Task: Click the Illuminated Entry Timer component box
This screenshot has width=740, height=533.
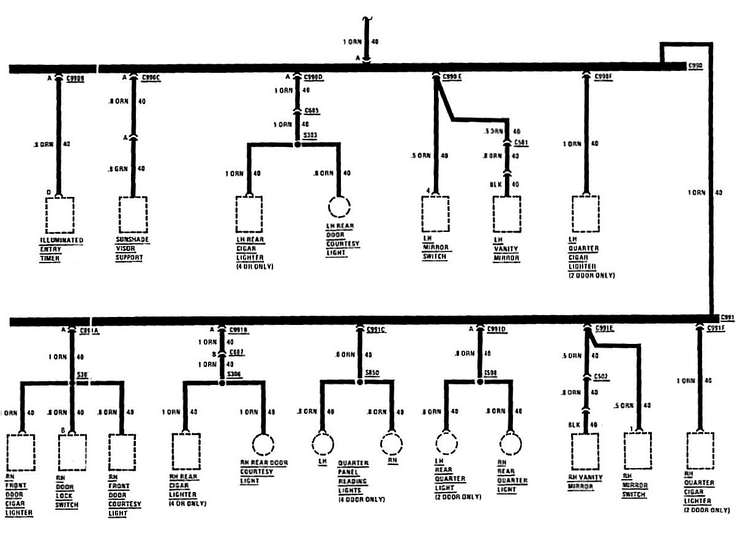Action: tap(59, 215)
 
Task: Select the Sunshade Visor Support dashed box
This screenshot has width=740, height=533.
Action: tap(133, 215)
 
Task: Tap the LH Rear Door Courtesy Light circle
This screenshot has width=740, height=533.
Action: tap(338, 207)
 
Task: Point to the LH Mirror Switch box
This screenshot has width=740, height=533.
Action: tap(435, 214)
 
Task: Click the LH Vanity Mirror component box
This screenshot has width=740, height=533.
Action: tap(507, 214)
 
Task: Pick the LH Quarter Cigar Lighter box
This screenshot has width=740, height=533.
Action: tap(586, 214)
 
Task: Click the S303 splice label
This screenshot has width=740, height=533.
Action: tap(310, 135)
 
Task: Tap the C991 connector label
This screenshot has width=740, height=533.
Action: tap(727, 317)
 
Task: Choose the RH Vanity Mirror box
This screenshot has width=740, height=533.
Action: tap(585, 452)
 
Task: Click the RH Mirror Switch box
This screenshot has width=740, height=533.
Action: tap(638, 450)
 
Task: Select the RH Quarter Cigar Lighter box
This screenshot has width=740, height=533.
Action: tap(700, 450)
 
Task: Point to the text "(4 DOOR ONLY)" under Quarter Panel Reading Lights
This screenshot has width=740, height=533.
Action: tap(362, 499)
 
